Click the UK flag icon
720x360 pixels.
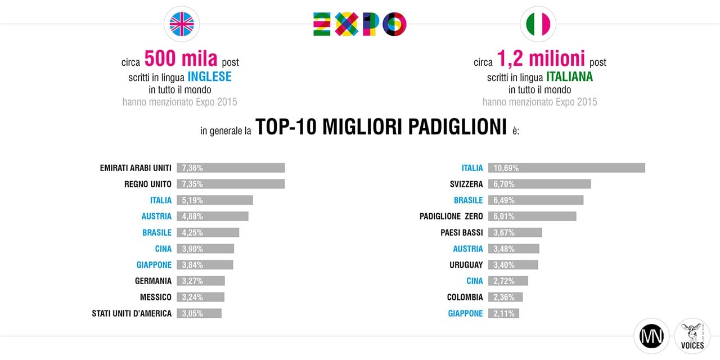182,24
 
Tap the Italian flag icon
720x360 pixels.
538,24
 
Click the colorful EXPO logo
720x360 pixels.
359,24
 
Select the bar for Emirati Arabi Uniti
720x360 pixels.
231,168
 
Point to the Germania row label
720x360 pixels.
153,281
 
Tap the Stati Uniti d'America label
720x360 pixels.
132,313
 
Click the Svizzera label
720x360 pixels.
466,184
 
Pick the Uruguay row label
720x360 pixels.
466,264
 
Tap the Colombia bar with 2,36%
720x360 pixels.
506,297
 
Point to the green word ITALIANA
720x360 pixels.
569,76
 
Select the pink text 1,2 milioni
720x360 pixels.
541,59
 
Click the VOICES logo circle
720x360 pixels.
692,336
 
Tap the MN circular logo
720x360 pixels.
651,336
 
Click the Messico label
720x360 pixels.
156,297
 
